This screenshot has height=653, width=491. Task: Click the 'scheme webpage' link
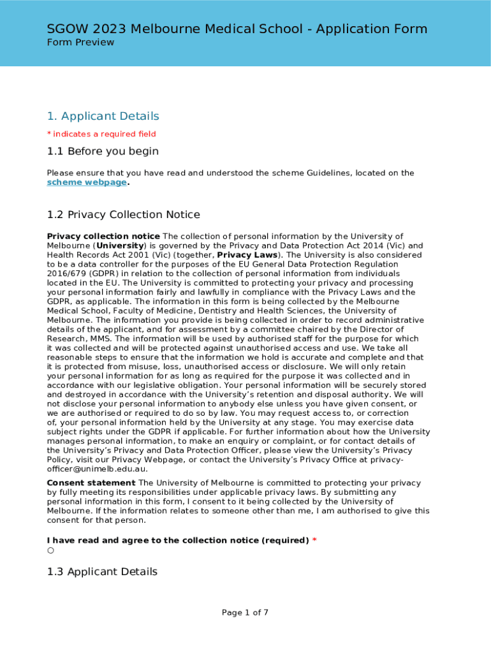pos(87,182)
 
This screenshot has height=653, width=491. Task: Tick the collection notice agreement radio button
pos(50,550)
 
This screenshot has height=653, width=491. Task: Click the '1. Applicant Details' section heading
pos(103,116)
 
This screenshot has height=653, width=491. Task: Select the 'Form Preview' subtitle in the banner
pos(80,43)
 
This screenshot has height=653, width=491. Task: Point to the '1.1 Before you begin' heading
pos(103,152)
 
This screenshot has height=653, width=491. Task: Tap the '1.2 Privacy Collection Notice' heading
pos(123,215)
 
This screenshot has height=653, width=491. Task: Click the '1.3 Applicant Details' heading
pos(102,572)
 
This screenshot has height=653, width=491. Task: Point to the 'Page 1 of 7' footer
pos(245,613)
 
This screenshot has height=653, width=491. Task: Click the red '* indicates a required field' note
pos(101,135)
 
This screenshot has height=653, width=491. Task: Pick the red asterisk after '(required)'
pos(314,541)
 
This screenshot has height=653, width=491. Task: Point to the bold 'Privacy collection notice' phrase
pos(103,237)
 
